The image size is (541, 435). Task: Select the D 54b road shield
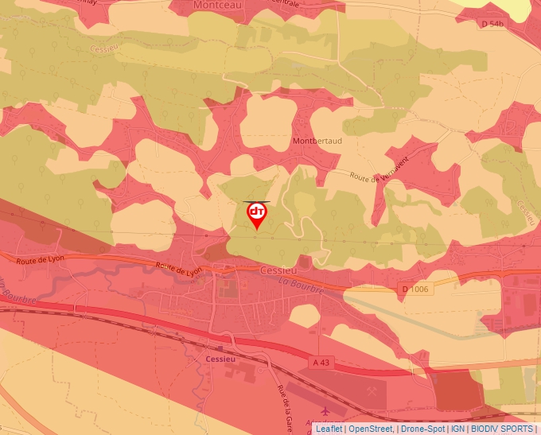(493, 25)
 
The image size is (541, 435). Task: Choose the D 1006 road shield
(415, 289)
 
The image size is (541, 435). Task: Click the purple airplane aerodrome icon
(325, 410)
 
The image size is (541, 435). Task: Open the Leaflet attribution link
(329, 429)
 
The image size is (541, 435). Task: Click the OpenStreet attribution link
(371, 429)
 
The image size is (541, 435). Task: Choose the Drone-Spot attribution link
(422, 429)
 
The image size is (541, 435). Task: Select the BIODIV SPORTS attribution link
(502, 429)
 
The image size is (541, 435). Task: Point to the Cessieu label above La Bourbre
(278, 270)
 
